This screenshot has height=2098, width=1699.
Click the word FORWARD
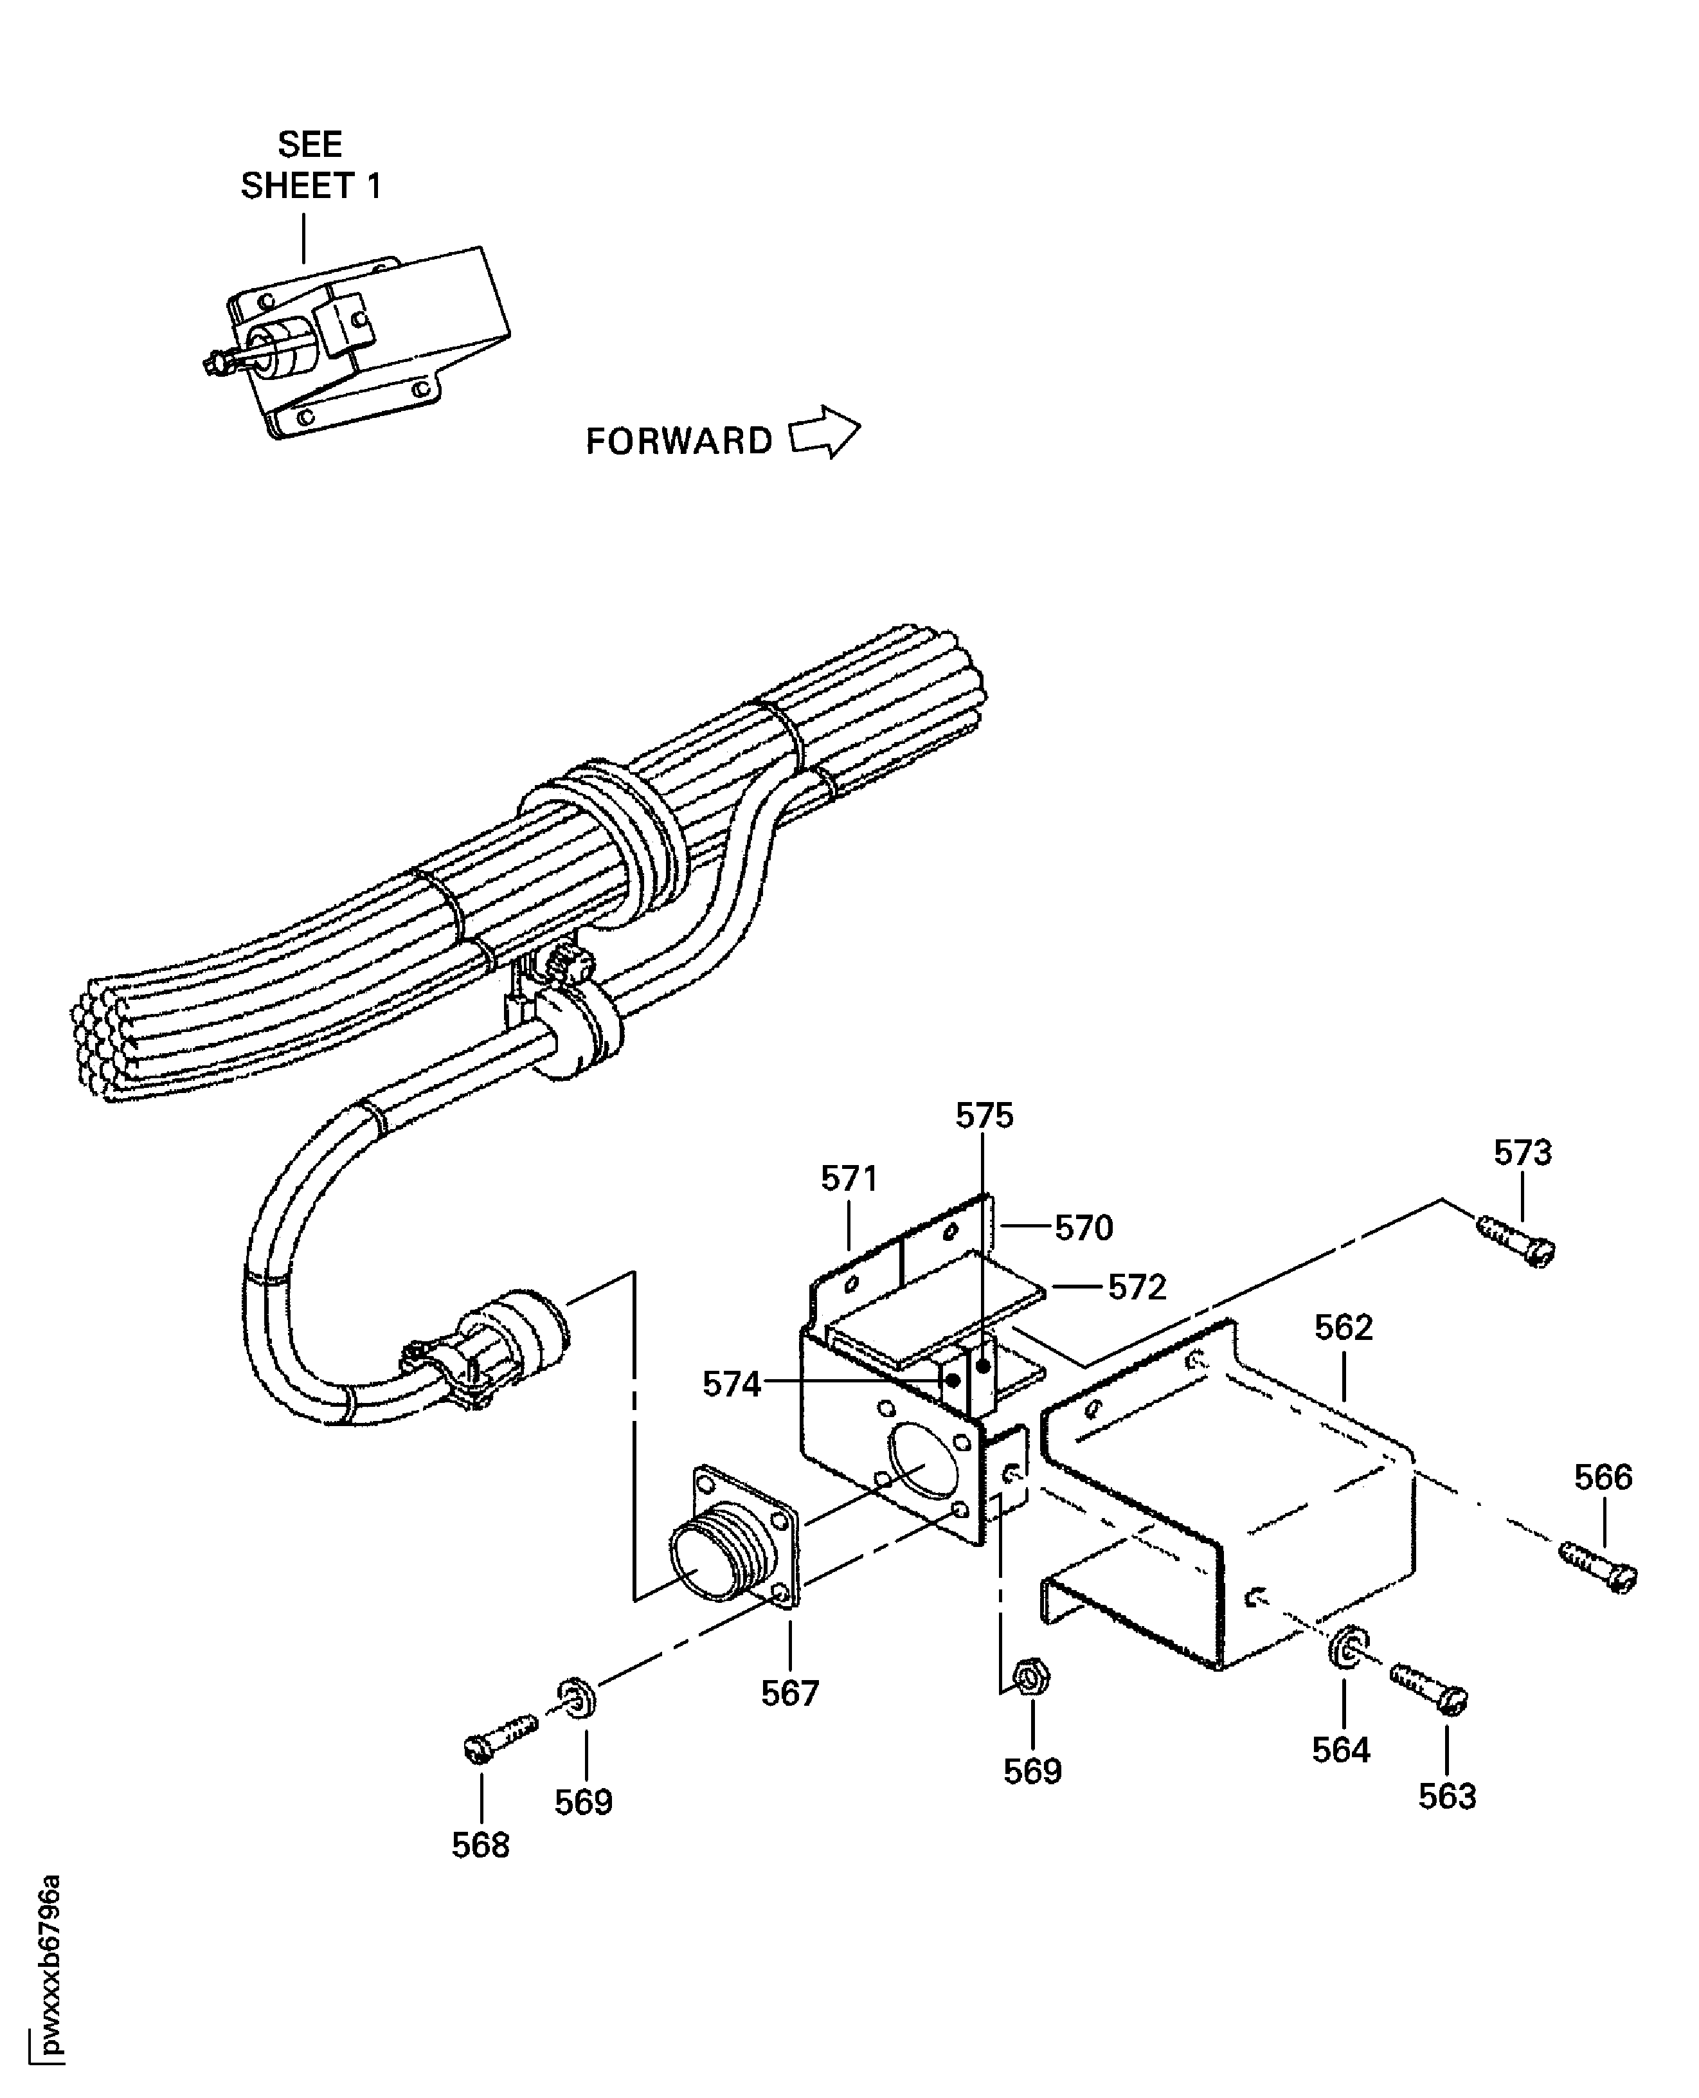[x=679, y=442]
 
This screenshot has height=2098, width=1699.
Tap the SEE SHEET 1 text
[x=310, y=165]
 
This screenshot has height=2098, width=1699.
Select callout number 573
[x=1522, y=1153]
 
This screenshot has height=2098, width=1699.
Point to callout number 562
[x=1343, y=1328]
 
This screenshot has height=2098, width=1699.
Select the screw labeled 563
[x=1429, y=1688]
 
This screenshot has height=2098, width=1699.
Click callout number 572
[x=1137, y=1287]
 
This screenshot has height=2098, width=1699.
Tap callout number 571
[x=849, y=1179]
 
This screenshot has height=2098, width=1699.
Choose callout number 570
[x=1083, y=1227]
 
